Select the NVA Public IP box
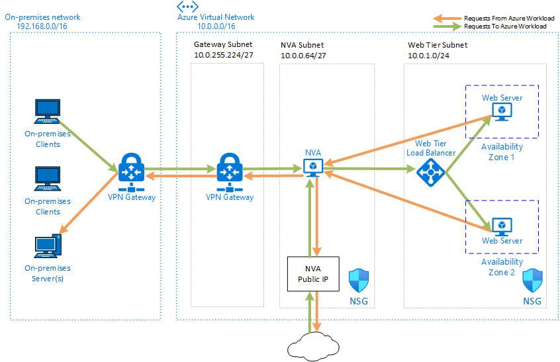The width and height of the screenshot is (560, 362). click(312, 273)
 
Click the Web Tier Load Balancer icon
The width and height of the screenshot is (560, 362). click(432, 172)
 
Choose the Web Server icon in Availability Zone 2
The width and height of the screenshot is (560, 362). click(502, 225)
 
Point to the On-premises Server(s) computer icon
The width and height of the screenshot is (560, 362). click(47, 246)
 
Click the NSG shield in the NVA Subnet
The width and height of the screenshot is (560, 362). click(358, 280)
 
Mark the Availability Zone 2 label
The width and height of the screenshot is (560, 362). click(502, 267)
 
